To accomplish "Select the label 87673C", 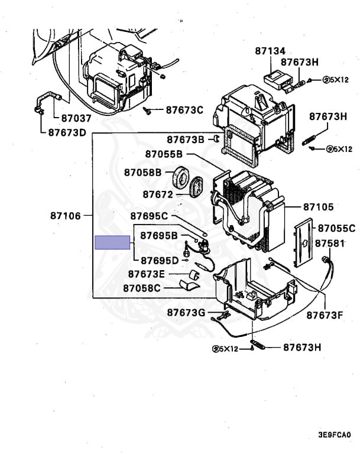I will click(184, 109).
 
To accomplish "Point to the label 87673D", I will click(67, 132).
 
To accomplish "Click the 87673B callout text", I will click(185, 140).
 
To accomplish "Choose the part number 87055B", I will click(163, 154).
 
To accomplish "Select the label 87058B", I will click(142, 172).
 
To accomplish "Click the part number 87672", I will click(157, 194).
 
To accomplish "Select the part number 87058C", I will click(142, 288).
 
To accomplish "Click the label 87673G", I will click(186, 312).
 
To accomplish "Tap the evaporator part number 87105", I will click(319, 207).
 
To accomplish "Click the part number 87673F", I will click(324, 315).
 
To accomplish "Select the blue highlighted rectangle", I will click(112, 242).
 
